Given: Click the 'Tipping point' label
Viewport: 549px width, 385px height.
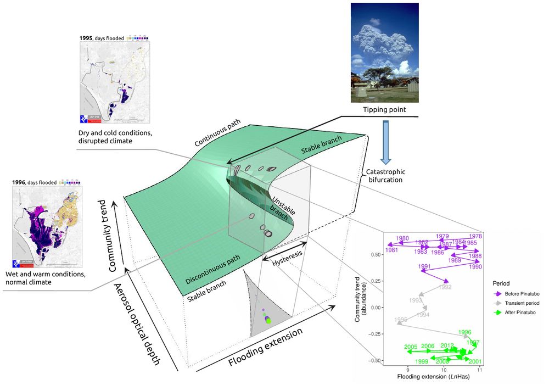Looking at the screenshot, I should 384,110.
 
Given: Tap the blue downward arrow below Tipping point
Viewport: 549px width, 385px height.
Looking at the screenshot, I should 385,142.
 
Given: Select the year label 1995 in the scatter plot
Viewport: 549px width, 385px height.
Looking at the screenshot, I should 401,320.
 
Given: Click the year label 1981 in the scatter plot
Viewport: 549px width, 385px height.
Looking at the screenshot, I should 391,250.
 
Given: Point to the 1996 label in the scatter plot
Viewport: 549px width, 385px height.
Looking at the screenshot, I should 464,332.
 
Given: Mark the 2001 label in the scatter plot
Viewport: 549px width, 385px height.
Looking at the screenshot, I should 475,361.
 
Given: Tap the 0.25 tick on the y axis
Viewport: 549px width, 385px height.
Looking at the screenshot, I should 374,281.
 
